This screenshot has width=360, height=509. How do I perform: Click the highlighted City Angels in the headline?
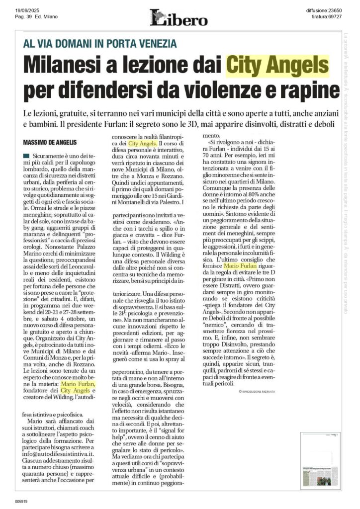coord(277,65)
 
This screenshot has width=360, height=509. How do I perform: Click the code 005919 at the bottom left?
coord(21,501)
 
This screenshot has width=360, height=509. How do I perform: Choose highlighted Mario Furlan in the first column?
coord(78,384)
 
